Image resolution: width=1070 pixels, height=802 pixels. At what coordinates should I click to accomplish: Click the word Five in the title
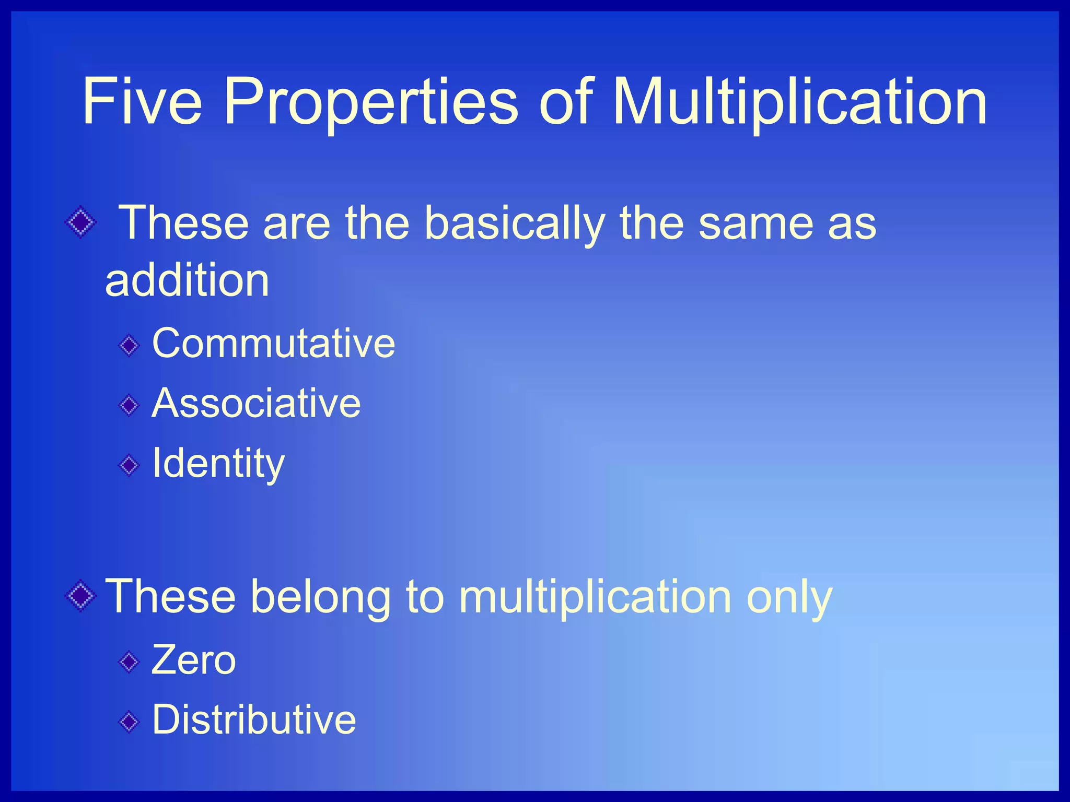pyautogui.click(x=142, y=101)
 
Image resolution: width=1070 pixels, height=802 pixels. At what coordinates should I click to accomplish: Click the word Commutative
pyautogui.click(x=273, y=344)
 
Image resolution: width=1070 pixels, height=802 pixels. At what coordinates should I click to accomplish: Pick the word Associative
pyautogui.click(x=256, y=404)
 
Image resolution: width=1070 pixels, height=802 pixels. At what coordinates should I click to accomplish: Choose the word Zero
pyautogui.click(x=193, y=661)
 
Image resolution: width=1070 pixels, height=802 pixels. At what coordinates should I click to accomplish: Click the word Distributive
pyautogui.click(x=254, y=720)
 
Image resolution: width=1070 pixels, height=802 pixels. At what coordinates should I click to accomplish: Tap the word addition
pyautogui.click(x=187, y=280)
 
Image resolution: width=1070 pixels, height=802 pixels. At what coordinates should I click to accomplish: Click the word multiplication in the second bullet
pyautogui.click(x=595, y=597)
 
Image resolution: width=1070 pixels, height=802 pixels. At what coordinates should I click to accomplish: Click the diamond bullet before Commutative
pyautogui.click(x=129, y=345)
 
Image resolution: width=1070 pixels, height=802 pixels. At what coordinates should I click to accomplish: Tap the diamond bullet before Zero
pyautogui.click(x=129, y=663)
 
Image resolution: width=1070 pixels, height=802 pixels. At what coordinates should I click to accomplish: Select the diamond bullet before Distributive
pyautogui.click(x=129, y=722)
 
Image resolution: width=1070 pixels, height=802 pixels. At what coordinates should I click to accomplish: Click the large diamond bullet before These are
pyautogui.click(x=80, y=223)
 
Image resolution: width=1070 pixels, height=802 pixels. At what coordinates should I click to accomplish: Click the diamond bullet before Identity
pyautogui.click(x=129, y=465)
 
